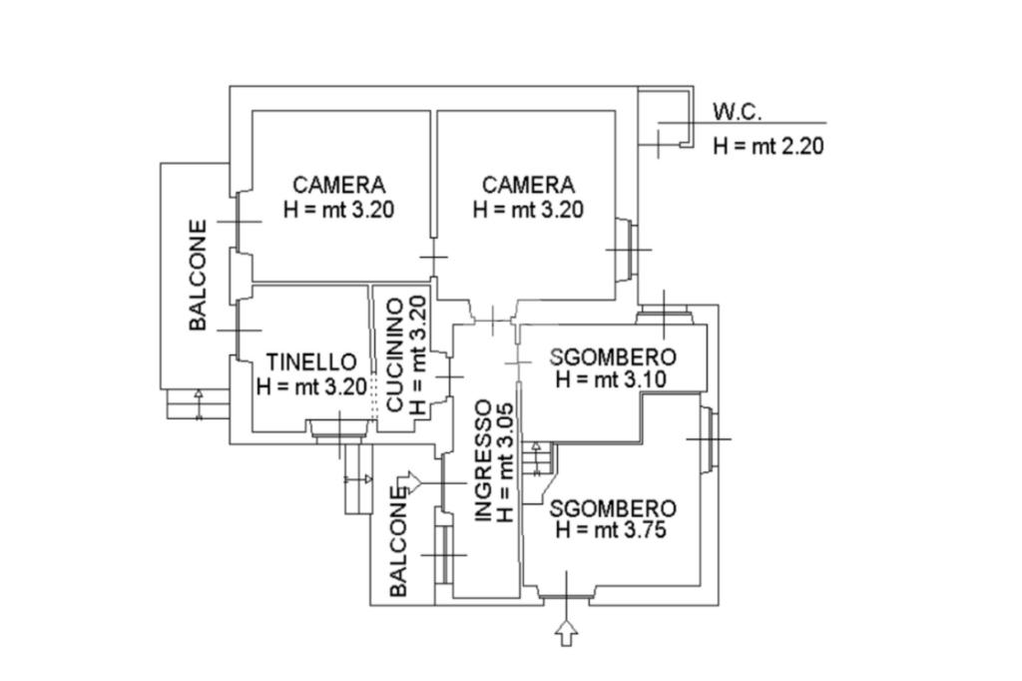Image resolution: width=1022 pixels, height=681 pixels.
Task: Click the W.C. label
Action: pos(737,111)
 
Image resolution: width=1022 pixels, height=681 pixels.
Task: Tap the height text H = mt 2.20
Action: pos(767,146)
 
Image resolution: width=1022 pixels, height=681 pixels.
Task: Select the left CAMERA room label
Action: pos(339,185)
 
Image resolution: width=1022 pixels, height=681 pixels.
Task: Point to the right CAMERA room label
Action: pos(528,185)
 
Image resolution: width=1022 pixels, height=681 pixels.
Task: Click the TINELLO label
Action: pos(311,361)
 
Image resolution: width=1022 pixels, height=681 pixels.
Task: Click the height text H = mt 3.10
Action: pos(611,380)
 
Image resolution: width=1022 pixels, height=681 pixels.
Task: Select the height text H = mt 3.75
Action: pos(611,530)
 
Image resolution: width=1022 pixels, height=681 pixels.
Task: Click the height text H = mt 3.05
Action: pos(506,460)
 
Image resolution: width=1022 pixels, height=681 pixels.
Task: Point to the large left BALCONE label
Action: pos(199,275)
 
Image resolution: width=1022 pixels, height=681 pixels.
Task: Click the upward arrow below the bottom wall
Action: pos(566,633)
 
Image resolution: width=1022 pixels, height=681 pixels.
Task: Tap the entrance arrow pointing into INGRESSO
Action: pos(409,483)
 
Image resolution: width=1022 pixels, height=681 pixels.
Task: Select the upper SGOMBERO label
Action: pos(613,357)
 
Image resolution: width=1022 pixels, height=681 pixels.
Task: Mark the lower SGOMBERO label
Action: pos(613,507)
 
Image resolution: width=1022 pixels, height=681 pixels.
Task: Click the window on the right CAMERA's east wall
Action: pos(625,248)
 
